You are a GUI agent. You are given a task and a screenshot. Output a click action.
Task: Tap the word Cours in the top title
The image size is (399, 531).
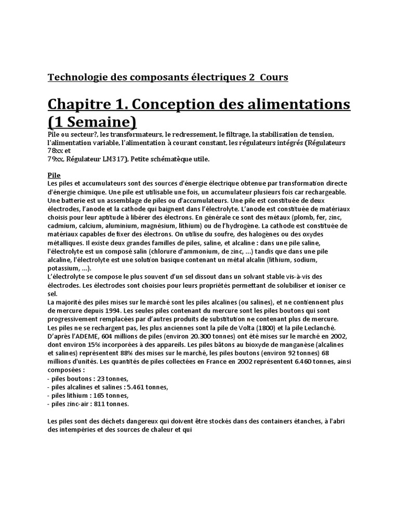[x=271, y=77]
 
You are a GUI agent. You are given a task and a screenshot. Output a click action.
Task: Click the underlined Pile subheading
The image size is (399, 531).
[x=54, y=175]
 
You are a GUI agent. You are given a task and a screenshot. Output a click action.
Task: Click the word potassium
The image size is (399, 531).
[x=64, y=268]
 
